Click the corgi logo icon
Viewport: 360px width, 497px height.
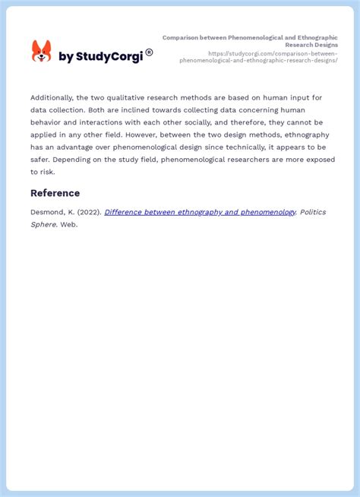point(41,52)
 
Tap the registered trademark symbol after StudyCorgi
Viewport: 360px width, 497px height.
point(149,52)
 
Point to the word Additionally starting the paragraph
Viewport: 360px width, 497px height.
point(52,97)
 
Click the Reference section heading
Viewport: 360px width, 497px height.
point(55,193)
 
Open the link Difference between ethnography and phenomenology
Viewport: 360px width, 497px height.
point(200,212)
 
